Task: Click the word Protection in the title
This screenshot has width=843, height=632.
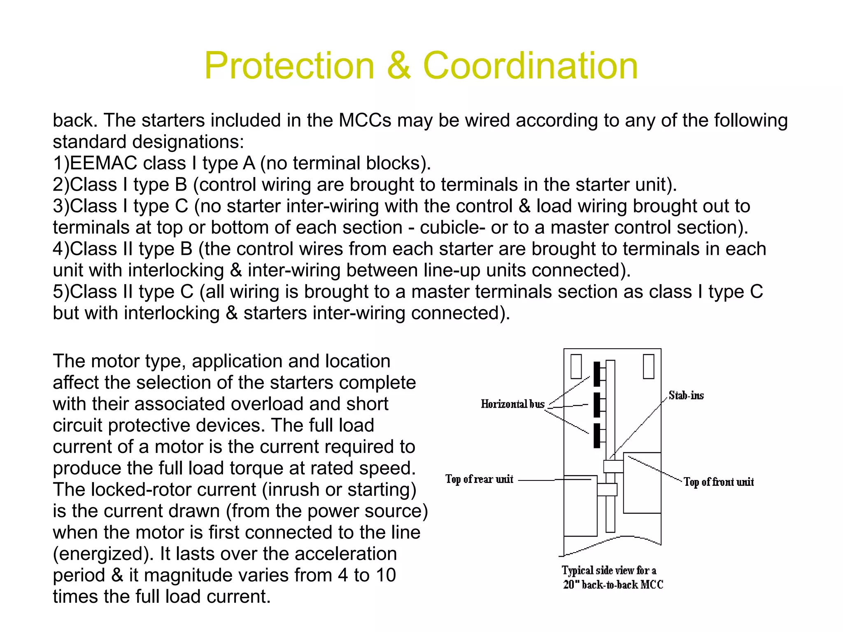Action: pyautogui.click(x=289, y=65)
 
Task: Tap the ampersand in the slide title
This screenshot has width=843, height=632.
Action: pyautogui.click(x=398, y=65)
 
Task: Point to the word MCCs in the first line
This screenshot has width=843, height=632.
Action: pyautogui.click(x=365, y=120)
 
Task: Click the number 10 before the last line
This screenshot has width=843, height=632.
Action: pyautogui.click(x=385, y=575)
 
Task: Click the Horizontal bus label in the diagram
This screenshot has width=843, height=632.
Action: pyautogui.click(x=512, y=404)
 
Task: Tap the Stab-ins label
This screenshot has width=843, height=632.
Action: pyautogui.click(x=686, y=396)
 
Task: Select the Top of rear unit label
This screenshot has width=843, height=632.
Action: pyautogui.click(x=479, y=479)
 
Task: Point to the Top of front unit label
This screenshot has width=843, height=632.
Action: pyautogui.click(x=719, y=482)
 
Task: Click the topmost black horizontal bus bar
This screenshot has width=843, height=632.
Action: pyautogui.click(x=597, y=374)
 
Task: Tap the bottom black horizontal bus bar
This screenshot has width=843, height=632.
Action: pyautogui.click(x=597, y=436)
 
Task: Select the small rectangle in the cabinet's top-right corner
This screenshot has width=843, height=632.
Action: pyautogui.click(x=649, y=366)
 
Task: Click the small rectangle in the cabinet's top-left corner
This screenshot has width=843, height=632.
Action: pyautogui.click(x=576, y=366)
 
